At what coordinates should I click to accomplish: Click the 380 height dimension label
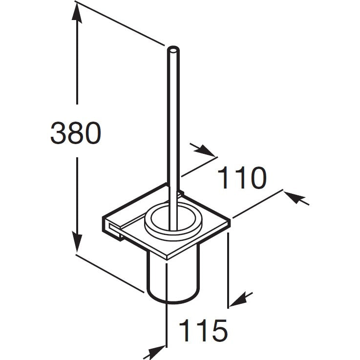coord(76,133)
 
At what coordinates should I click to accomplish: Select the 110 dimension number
coord(242,178)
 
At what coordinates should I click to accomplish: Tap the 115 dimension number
coord(203,330)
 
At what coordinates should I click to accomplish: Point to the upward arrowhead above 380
coord(77,14)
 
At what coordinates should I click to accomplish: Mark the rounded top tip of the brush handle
coord(172,49)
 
